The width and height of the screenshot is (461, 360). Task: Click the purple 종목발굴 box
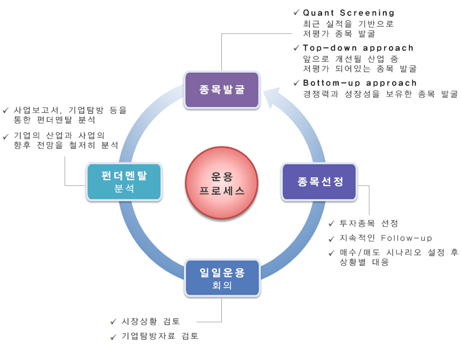222,89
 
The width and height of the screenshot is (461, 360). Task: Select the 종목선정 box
319,182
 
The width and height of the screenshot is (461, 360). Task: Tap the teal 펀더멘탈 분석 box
124,182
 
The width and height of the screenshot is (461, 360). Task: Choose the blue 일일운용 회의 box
222,278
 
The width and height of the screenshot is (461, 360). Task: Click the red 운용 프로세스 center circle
222,183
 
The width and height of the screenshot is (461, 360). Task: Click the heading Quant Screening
348,13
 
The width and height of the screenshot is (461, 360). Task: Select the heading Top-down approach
358,48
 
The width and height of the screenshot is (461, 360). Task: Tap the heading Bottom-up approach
360,83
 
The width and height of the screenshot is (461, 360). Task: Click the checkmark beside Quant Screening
296,12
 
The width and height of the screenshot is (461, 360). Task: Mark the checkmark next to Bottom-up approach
296,83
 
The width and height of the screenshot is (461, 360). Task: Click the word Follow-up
406,238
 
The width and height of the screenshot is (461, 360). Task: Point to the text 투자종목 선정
369,223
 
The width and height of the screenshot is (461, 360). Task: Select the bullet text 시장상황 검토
151,321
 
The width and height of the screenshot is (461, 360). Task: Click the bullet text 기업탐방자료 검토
160,336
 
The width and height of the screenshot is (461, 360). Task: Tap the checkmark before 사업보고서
5,110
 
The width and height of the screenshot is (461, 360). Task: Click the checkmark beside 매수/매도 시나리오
331,253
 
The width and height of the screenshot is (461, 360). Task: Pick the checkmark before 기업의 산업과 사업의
5,136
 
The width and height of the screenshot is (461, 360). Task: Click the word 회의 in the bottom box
222,285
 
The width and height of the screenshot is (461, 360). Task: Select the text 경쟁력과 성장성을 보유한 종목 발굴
380,94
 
